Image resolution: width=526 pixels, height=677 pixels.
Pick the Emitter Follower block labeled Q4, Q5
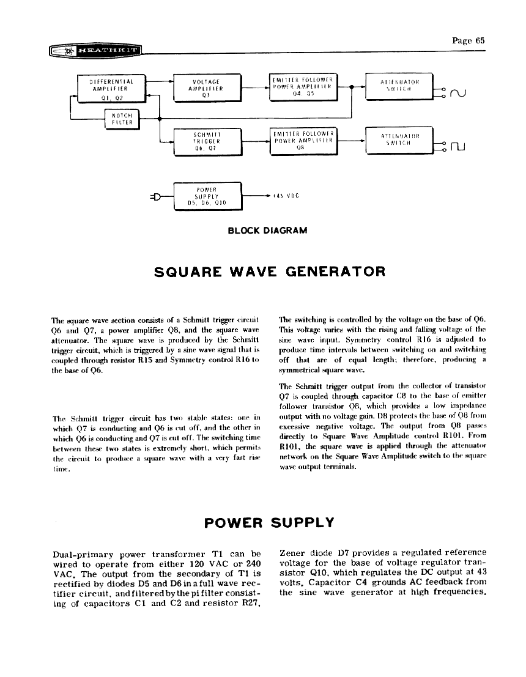click(303, 86)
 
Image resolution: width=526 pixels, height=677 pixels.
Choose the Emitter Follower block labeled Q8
click(303, 140)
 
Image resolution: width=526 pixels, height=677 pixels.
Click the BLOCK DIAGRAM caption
click(267, 231)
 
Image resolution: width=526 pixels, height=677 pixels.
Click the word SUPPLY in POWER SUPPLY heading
click(302, 523)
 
